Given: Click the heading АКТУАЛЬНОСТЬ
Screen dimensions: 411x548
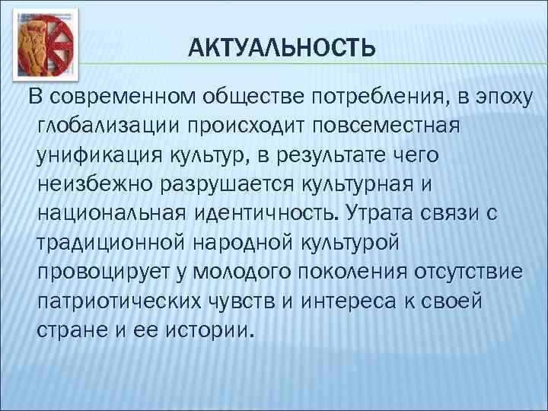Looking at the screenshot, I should tap(282, 49).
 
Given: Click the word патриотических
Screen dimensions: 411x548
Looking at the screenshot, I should tap(116, 301).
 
